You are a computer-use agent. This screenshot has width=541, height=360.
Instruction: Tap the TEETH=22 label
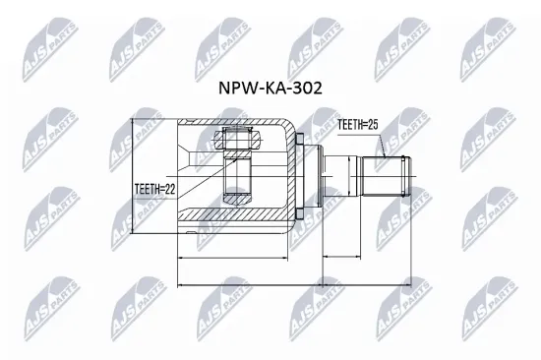click(154, 190)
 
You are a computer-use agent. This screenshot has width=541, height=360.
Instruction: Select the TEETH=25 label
click(357, 126)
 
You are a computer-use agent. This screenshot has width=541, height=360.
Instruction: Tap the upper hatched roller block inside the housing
click(235, 140)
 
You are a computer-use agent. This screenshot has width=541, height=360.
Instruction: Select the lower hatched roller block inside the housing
click(235, 183)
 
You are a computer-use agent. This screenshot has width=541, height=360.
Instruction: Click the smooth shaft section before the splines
click(340, 177)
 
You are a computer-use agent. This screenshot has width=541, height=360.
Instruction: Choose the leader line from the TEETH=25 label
click(381, 146)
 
